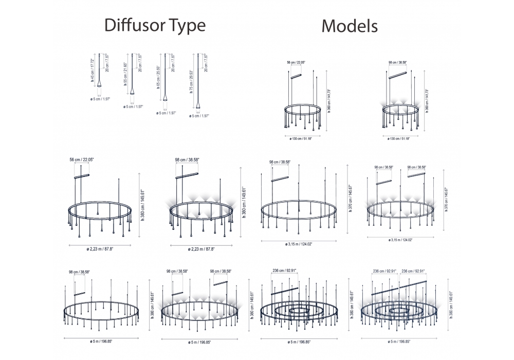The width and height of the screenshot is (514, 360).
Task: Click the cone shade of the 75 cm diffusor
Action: pos(198,106)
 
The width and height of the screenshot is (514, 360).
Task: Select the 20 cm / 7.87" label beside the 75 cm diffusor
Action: pos(206,64)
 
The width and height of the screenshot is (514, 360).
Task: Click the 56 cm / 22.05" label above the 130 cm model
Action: pos(296,62)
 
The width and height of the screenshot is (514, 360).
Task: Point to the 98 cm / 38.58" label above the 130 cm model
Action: pos(398,62)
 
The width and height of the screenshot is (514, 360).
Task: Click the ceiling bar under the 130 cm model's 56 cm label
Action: pos(296,77)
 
